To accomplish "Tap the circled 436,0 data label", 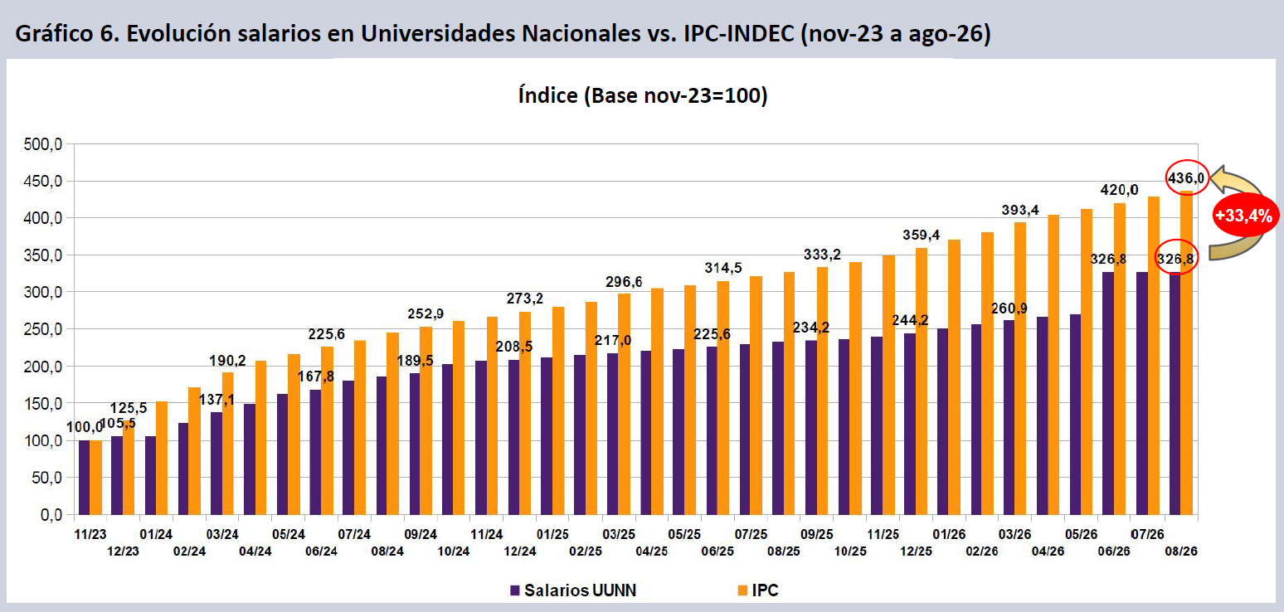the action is (x=1186, y=178).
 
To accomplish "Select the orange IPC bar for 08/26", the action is (x=1187, y=352).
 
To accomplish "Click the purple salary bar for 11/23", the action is (x=85, y=478).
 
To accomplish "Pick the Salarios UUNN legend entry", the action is (x=573, y=590).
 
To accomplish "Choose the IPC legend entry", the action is (x=758, y=590).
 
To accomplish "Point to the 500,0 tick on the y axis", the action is (x=42, y=143).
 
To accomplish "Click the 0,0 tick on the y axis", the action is (x=51, y=515).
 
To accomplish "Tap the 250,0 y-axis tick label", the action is (x=42, y=329).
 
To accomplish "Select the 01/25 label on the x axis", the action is (x=552, y=534).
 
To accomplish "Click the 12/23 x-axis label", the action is (x=124, y=551).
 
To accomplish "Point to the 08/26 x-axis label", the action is (x=1181, y=551).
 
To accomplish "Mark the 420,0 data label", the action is (x=1119, y=190).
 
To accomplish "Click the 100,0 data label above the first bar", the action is (x=85, y=427).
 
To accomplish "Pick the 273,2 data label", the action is (x=524, y=299).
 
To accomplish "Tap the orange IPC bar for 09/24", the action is (x=426, y=420).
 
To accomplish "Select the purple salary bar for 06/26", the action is (x=1108, y=393).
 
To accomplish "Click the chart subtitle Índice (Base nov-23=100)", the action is (x=643, y=95).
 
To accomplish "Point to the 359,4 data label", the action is (x=922, y=235).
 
